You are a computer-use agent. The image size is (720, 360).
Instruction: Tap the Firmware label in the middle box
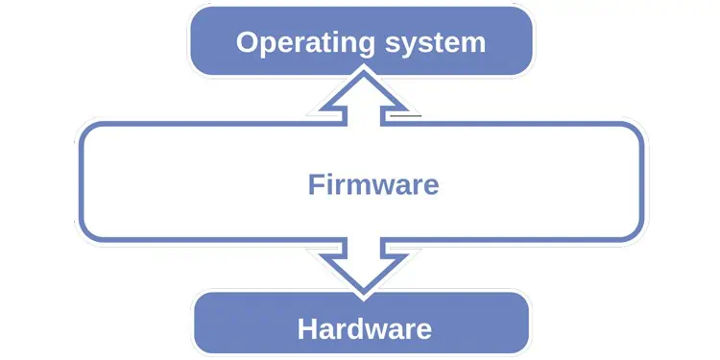(373, 184)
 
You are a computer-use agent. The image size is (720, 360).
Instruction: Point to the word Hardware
(365, 329)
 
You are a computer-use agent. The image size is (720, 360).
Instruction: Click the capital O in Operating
(248, 43)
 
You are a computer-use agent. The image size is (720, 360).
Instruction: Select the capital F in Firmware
(315, 184)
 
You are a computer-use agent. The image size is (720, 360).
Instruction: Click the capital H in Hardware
(307, 329)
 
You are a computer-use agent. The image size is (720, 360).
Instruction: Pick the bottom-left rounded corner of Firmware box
(86, 232)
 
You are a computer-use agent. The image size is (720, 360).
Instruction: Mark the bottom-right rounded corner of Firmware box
(634, 232)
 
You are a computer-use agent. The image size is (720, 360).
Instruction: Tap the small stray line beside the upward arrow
(407, 115)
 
